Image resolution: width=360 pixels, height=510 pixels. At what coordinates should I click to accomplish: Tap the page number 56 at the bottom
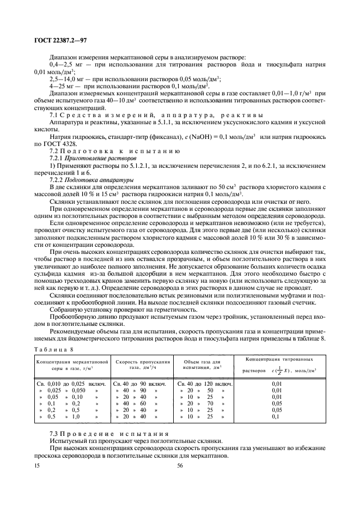click(180, 465)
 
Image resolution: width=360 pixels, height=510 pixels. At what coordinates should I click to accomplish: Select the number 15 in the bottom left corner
click(36, 465)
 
